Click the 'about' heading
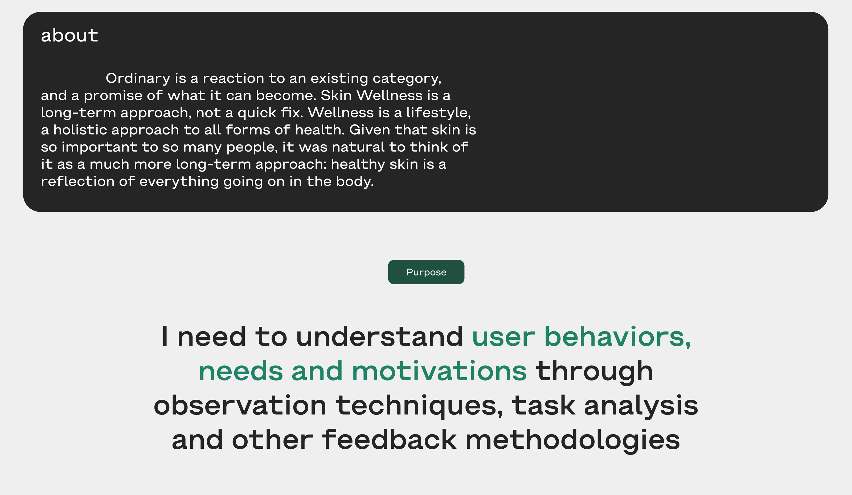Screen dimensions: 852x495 coord(69,35)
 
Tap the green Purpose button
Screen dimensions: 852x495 coord(426,272)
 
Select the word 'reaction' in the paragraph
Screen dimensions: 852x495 coord(233,78)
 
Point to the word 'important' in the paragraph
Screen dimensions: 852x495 coord(99,147)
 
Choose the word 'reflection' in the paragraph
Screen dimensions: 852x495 coord(77,181)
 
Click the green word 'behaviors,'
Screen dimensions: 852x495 coord(618,337)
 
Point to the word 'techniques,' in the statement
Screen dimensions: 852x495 coord(419,405)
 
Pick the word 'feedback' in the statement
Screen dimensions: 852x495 coord(389,440)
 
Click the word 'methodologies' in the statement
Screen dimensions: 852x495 coord(573,440)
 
